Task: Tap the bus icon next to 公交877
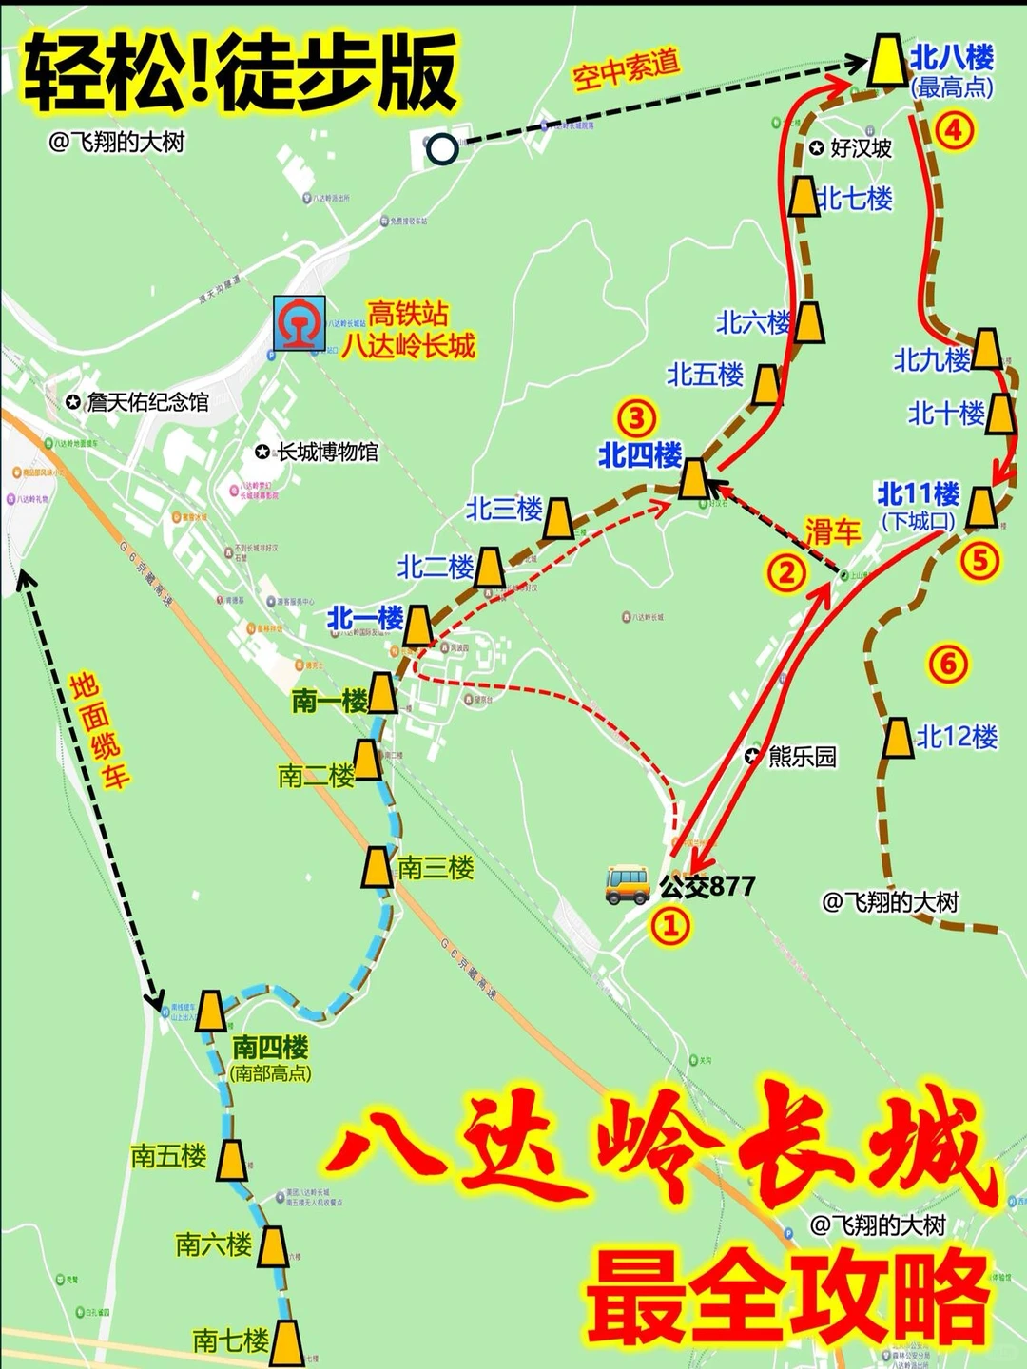(628, 884)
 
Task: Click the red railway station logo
(299, 323)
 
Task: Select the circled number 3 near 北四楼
(636, 417)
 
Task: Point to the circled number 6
(947, 664)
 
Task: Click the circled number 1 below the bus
(669, 925)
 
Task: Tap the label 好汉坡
(861, 147)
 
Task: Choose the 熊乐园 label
(802, 756)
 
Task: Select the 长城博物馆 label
(326, 452)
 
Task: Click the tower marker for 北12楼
(897, 738)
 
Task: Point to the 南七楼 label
(230, 1340)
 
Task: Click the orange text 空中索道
(626, 68)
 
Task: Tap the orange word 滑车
(832, 531)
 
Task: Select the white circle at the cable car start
(441, 148)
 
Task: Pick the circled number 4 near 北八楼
(954, 129)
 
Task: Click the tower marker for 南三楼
(378, 867)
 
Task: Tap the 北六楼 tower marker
(809, 322)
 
